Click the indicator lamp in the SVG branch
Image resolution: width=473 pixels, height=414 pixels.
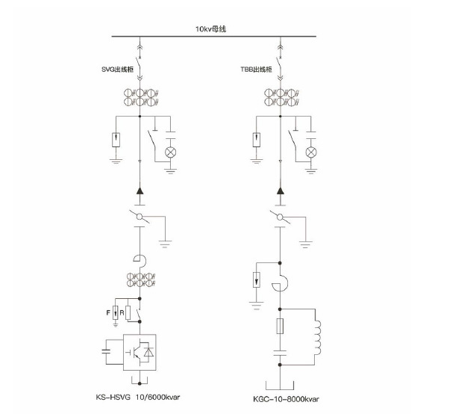(x=169, y=152)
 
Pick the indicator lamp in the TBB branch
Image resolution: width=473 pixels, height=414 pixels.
(x=312, y=152)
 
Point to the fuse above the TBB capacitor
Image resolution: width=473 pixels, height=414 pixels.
(x=281, y=327)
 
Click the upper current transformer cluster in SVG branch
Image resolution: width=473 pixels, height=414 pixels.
(x=140, y=97)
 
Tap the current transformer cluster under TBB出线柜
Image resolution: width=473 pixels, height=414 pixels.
(x=281, y=97)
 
